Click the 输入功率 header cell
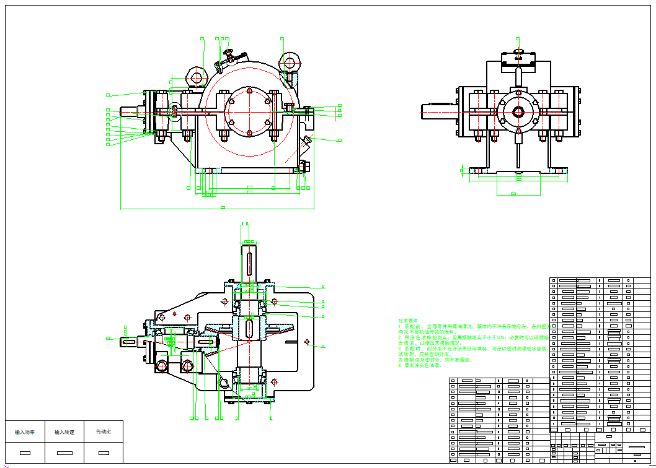[25, 431]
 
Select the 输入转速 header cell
[64, 431]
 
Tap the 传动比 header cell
[103, 431]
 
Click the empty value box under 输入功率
[25, 453]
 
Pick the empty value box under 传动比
[103, 453]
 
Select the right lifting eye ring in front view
[290, 62]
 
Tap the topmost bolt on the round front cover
[248, 92]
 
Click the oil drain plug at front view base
[304, 167]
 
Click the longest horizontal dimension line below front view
[217, 209]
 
